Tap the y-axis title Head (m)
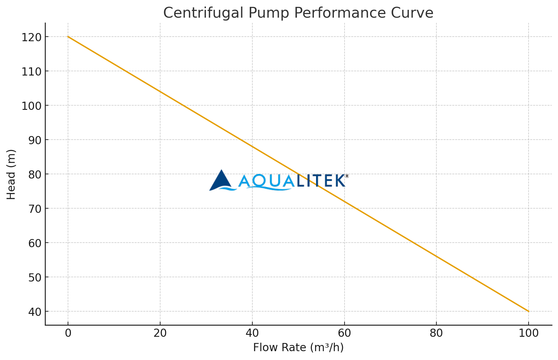pos(11,174)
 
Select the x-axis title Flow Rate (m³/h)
pos(298,347)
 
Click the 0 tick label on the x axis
pos(68,333)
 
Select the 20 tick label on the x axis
pos(160,333)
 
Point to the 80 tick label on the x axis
pos(436,333)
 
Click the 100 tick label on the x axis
pos(528,333)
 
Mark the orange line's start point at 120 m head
pos(68,37)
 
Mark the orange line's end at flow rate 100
pos(528,311)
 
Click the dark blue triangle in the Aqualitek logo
pos(221,180)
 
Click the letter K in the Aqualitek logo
pos(339,181)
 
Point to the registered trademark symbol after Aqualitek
pos(347,176)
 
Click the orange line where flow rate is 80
pos(436,256)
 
